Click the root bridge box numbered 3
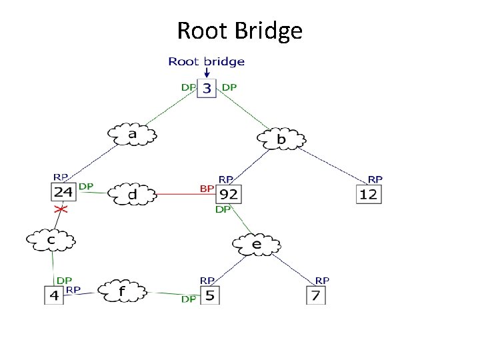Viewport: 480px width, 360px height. coord(207,88)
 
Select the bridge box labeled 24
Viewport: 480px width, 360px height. coord(63,192)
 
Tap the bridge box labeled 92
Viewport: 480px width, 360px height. coord(229,194)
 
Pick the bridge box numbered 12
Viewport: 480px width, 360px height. coord(369,194)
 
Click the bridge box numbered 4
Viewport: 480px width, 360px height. coord(54,295)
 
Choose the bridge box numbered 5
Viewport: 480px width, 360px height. coord(210,295)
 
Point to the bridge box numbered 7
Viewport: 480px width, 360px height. coord(316,295)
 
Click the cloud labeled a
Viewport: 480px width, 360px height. coord(132,134)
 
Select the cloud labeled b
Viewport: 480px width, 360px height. coord(281,139)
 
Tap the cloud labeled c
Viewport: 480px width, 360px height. coord(51,240)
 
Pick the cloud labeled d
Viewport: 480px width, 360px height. coord(132,194)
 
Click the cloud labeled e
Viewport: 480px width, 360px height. coord(257,244)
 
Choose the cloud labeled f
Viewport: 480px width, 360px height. coord(122,291)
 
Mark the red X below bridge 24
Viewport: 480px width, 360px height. coord(61,209)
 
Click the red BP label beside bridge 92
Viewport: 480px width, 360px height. coord(207,189)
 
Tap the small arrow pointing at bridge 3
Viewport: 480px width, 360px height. coord(207,73)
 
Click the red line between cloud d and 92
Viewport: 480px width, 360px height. coord(186,194)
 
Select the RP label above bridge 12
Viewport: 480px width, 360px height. coord(375,179)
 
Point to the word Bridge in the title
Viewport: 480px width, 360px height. coord(269,31)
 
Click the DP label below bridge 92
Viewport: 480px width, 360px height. coord(223,210)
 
